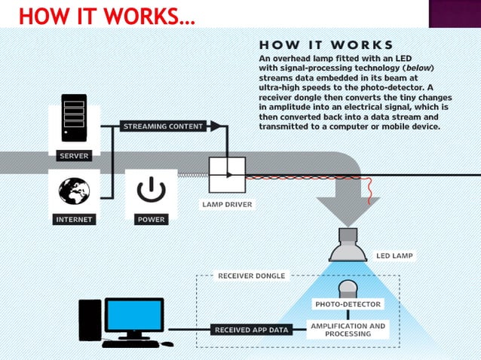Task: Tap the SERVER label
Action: tap(74, 156)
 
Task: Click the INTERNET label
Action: tap(74, 220)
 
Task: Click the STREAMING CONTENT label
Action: tap(164, 127)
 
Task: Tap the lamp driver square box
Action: tap(227, 175)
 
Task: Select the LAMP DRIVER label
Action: tap(227, 204)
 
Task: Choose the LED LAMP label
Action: tap(394, 255)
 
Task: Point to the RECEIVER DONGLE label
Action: tap(252, 276)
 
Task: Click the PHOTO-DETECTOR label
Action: tap(348, 304)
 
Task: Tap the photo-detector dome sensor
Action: tap(348, 288)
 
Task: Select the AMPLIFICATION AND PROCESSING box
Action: tap(348, 330)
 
